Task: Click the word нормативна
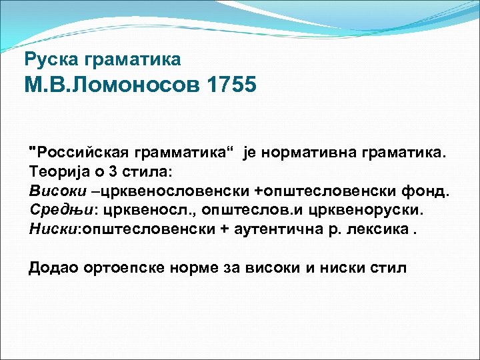point(304,154)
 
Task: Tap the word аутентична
point(273,229)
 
